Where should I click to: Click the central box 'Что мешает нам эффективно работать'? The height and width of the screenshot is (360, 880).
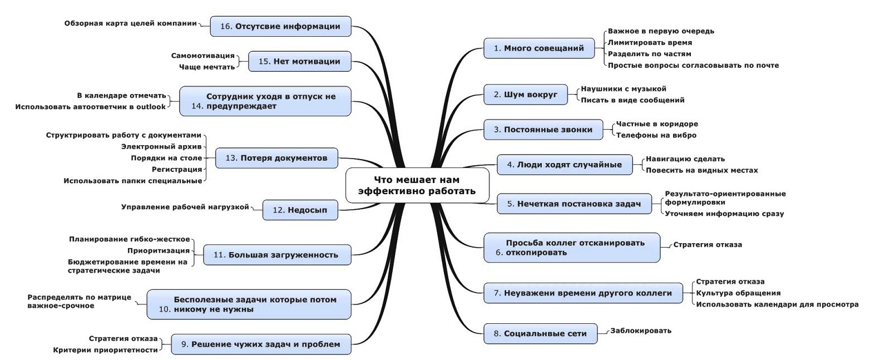[417, 185]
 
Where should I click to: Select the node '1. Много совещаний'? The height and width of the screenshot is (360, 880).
[539, 48]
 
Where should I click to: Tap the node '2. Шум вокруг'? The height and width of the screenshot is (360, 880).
[526, 95]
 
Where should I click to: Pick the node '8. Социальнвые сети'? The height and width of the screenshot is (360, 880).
[540, 334]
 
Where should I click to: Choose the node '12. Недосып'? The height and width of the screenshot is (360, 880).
[300, 210]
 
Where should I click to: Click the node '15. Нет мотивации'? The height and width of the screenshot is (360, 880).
[300, 61]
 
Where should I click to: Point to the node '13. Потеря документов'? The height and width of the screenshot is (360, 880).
[276, 158]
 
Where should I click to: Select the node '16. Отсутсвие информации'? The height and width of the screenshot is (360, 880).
[280, 26]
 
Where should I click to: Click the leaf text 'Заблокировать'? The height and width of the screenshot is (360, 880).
[641, 331]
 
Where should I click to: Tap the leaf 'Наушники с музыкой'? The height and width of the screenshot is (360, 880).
[624, 89]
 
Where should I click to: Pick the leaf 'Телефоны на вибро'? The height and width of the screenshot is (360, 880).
[656, 135]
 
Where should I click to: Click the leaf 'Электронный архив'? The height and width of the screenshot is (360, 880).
[161, 146]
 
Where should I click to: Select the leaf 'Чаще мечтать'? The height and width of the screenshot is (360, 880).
[207, 67]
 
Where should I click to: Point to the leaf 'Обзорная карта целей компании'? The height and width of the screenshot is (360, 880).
[130, 23]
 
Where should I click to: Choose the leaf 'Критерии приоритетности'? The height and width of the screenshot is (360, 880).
[105, 350]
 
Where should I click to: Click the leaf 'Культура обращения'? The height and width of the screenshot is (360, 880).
[738, 293]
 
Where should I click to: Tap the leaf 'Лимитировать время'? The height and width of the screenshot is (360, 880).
[650, 42]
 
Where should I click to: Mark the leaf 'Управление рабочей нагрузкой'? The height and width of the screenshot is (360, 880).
[185, 207]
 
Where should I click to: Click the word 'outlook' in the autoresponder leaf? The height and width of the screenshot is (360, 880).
[151, 107]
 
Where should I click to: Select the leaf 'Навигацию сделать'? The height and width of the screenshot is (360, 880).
[685, 159]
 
